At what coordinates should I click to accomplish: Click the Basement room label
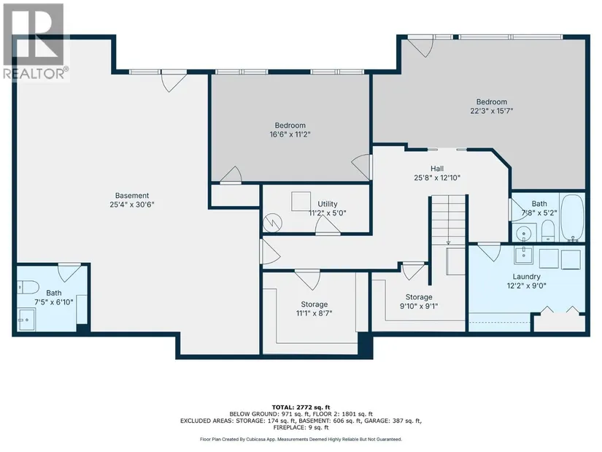coord(132,196)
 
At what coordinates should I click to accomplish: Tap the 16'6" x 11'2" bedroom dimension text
coord(290,134)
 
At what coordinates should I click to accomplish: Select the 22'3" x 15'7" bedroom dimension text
coord(492,111)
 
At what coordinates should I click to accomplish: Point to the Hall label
coord(437,169)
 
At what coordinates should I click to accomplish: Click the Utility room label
coord(328,204)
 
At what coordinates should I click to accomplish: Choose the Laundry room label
coord(526,277)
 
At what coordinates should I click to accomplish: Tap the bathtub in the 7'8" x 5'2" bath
coord(572,218)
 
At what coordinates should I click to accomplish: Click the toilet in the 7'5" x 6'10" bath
coord(28,287)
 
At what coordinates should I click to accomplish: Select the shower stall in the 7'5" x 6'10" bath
coord(26,319)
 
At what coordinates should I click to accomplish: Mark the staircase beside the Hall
coord(449,220)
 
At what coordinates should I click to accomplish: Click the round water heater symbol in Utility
coord(273,223)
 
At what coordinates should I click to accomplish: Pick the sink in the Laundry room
coord(524,254)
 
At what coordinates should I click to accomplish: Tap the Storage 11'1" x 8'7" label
coord(314,304)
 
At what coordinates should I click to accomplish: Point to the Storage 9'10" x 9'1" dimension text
coord(419,307)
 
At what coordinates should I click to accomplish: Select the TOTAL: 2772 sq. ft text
coord(301,407)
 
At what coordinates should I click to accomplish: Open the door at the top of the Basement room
coord(174,81)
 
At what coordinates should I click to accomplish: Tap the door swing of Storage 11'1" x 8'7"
coord(307,280)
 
